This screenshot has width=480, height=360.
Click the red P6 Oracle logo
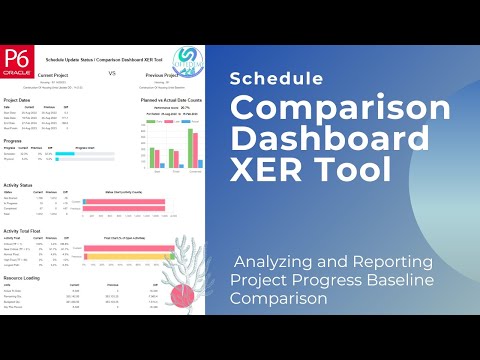point(16,60)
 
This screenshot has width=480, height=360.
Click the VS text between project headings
point(112,73)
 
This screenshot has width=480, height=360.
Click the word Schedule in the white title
point(267,78)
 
